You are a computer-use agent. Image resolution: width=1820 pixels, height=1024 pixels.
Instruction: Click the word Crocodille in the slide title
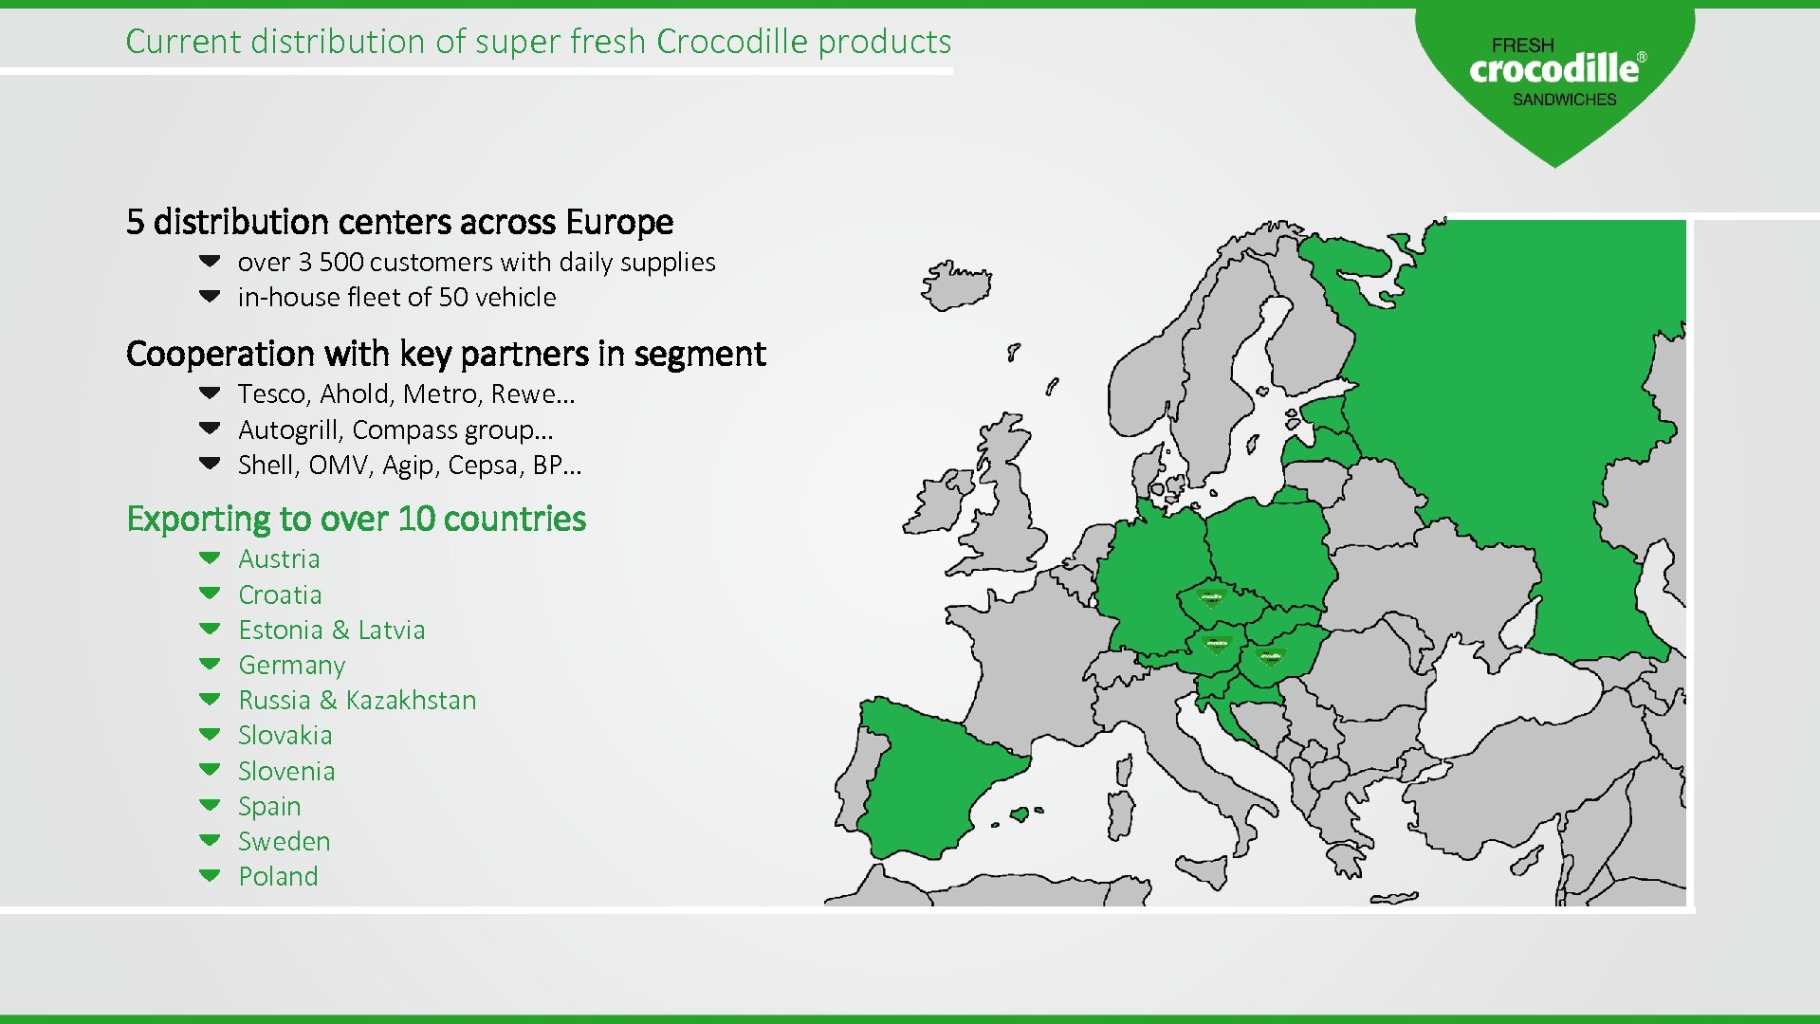[x=731, y=42]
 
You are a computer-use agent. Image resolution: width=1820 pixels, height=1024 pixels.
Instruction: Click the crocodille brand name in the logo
[x=1553, y=69]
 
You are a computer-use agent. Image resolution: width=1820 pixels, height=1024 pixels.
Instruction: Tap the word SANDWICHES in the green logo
[x=1564, y=100]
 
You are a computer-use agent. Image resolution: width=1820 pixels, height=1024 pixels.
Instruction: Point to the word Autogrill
[x=288, y=430]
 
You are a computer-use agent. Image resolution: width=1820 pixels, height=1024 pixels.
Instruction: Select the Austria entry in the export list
[x=279, y=559]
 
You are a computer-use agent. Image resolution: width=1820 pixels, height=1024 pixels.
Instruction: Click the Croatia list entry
[x=280, y=595]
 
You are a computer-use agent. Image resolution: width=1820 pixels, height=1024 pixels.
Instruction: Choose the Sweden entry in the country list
[x=284, y=842]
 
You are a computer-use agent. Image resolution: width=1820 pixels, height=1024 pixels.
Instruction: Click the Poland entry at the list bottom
[x=278, y=877]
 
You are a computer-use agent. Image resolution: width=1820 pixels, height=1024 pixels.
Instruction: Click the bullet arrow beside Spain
[x=210, y=806]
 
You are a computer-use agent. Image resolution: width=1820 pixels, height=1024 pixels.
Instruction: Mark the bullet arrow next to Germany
[x=210, y=665]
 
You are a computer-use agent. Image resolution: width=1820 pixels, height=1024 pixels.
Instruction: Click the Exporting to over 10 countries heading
[x=356, y=520]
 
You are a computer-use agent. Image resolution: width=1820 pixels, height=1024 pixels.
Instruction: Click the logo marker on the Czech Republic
[x=1211, y=599]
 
